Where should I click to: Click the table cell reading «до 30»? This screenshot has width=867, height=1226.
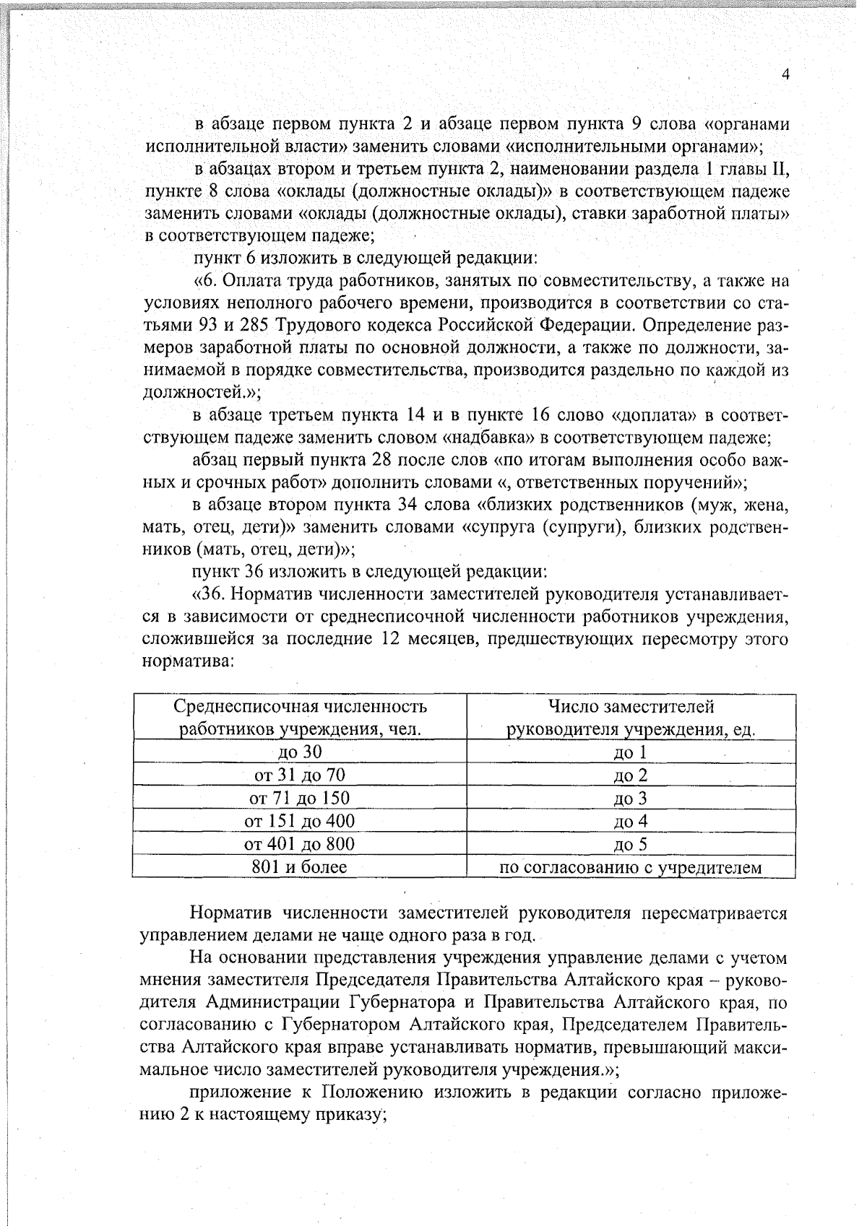299,752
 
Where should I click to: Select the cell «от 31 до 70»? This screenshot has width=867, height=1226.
299,775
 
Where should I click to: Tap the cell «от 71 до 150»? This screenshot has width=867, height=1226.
299,798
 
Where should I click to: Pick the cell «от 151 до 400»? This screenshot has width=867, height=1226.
299,821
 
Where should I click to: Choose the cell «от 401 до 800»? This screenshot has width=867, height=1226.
299,844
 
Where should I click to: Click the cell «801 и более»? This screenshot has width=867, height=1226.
299,866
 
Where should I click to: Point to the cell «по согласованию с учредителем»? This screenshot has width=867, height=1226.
631,867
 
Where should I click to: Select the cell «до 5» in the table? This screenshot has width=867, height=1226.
631,844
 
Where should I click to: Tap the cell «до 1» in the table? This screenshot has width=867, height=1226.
631,752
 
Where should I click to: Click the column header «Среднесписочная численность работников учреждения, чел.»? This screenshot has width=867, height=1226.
299,717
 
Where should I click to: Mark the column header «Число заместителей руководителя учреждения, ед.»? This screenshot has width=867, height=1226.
631,717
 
